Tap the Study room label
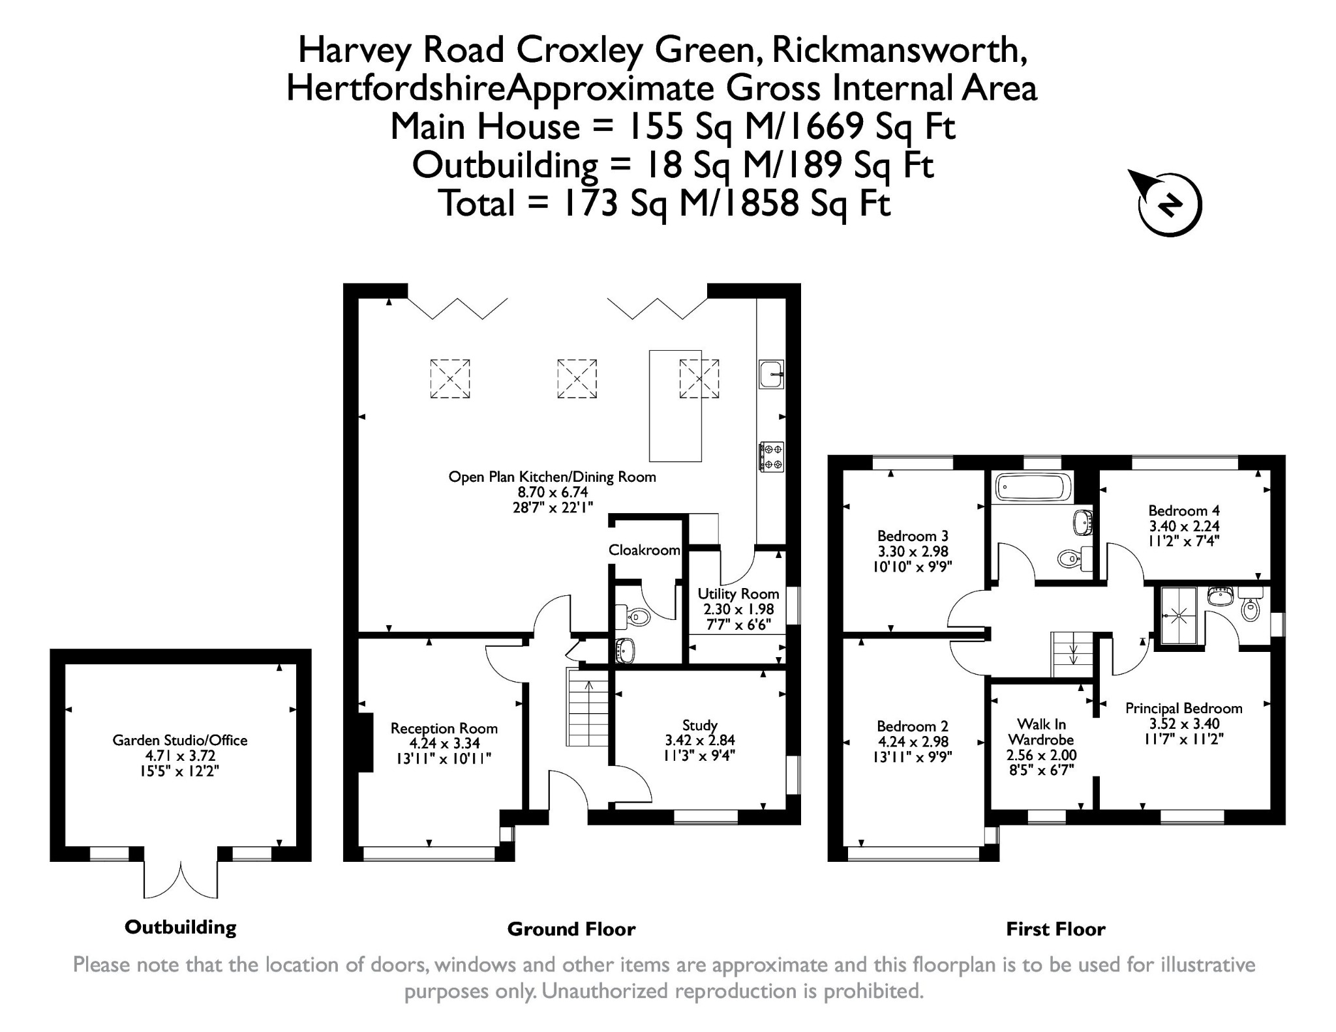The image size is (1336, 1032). (x=699, y=725)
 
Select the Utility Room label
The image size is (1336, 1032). (x=738, y=594)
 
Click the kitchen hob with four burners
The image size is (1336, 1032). (x=771, y=456)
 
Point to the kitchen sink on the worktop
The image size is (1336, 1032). (x=771, y=374)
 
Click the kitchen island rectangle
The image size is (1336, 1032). (x=675, y=405)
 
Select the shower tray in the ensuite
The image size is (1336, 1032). (x=1177, y=615)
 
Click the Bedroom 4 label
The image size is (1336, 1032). (x=1184, y=510)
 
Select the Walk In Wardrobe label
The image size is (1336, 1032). (x=1041, y=732)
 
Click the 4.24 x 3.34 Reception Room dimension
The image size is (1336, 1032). (x=444, y=743)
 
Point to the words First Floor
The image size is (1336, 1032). (x=1055, y=929)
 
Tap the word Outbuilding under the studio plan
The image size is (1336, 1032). (x=180, y=927)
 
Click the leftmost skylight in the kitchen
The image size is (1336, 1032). (x=449, y=378)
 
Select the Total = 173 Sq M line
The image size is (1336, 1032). (x=665, y=203)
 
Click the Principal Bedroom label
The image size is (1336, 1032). (x=1183, y=708)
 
